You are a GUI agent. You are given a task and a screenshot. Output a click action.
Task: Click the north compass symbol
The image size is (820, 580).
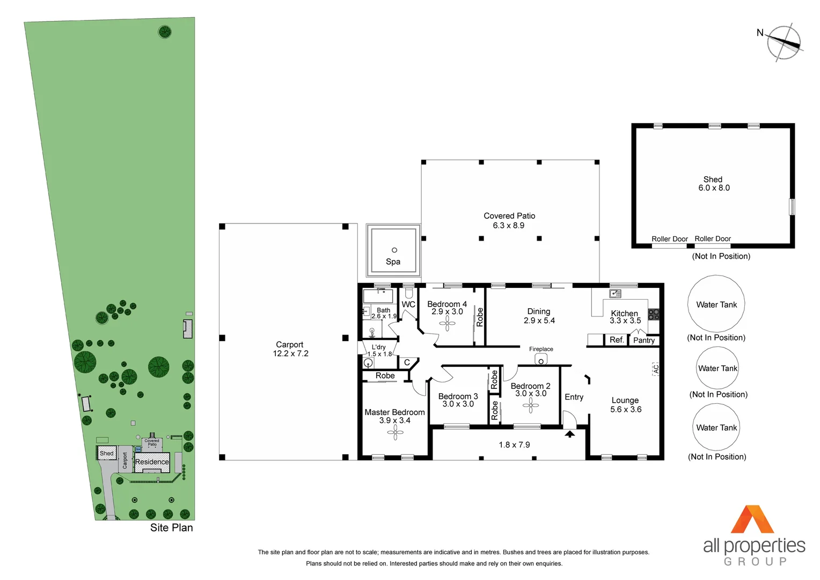click(x=784, y=42)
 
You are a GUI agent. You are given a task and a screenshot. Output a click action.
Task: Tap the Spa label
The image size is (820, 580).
click(x=393, y=262)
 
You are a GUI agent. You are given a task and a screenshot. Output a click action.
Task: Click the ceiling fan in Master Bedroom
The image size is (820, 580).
click(x=396, y=432)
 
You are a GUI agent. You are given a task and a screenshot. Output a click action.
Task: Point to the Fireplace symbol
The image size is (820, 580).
click(x=541, y=360)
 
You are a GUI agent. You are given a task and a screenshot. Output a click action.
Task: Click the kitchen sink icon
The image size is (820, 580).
click(x=615, y=294)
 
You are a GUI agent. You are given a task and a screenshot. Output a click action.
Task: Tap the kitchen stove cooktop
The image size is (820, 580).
click(x=653, y=314)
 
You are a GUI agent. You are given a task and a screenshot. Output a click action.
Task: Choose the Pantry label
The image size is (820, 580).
click(x=644, y=340)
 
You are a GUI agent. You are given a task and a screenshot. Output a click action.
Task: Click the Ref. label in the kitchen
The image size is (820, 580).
click(x=617, y=339)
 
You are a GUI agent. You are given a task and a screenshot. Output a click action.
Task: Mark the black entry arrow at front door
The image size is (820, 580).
click(x=569, y=433)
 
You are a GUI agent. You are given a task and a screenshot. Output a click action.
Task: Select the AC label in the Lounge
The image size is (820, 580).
click(x=655, y=369)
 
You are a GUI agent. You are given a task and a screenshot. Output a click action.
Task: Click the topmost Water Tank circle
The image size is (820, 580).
click(x=716, y=304)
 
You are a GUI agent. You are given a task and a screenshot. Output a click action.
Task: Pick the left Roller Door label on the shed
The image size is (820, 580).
click(x=669, y=239)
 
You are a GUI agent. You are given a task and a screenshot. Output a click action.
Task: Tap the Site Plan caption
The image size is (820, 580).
click(x=171, y=528)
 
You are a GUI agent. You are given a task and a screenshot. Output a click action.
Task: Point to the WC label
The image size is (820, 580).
click(x=408, y=305)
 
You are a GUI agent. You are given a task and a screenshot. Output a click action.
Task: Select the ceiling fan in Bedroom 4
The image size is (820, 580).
click(x=447, y=323)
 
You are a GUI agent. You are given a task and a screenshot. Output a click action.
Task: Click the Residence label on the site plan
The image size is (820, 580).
click(x=152, y=462)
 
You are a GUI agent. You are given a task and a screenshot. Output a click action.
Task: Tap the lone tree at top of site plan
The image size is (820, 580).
click(x=165, y=32)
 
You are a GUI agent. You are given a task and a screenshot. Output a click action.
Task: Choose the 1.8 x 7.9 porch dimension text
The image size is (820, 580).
click(x=514, y=445)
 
